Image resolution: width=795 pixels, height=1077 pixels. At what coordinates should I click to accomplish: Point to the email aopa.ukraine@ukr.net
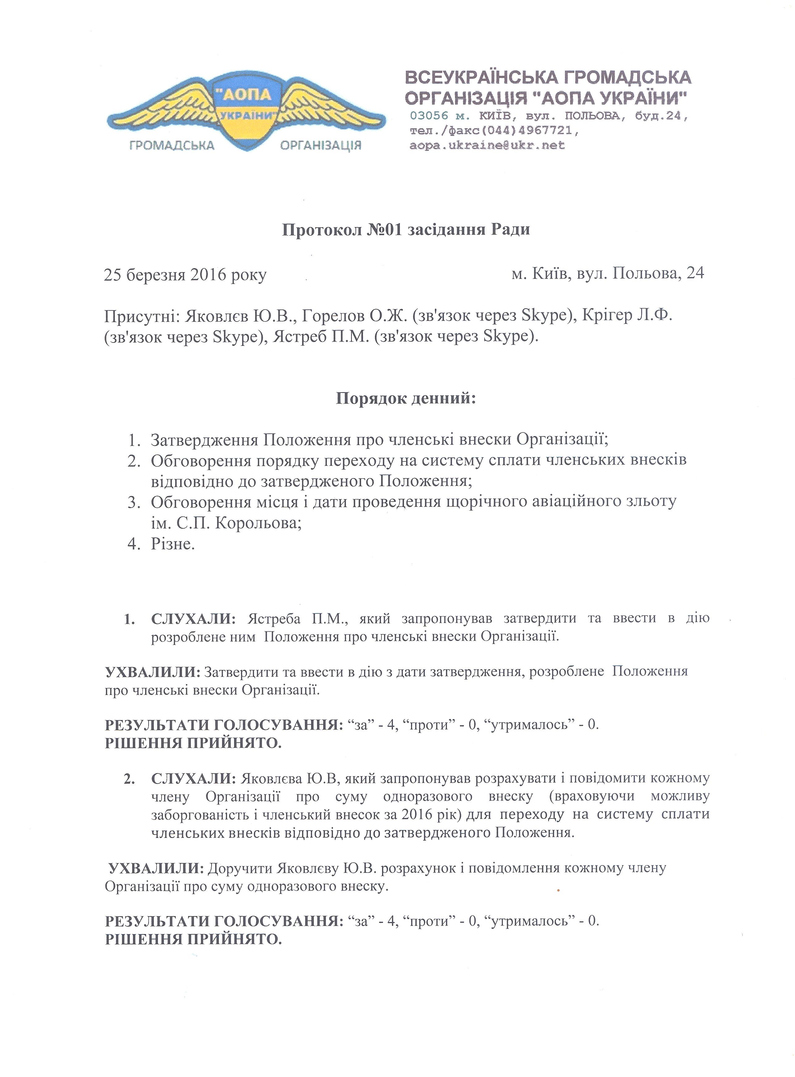[x=487, y=145]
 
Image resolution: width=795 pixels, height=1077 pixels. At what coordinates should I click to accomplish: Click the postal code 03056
[x=429, y=116]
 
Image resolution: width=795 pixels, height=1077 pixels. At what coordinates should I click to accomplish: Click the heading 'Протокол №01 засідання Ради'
[x=406, y=229]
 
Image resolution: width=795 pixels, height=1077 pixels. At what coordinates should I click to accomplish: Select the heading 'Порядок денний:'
[x=406, y=399]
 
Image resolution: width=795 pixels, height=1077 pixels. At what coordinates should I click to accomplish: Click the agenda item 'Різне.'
[x=173, y=544]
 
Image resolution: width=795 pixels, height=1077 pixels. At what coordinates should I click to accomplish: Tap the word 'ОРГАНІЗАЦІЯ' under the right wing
[x=321, y=145]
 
